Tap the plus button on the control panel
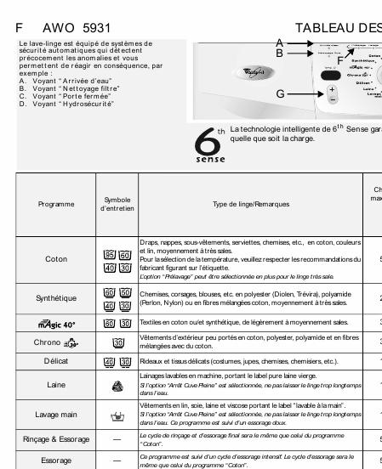click(x=333, y=89)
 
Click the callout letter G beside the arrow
click(x=280, y=93)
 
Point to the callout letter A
click(x=279, y=42)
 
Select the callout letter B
click(x=279, y=53)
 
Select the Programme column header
click(x=56, y=204)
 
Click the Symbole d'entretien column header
click(x=117, y=204)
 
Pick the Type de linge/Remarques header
click(x=251, y=204)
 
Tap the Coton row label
click(x=56, y=259)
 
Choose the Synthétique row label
click(x=56, y=298)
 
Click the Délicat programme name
click(x=56, y=361)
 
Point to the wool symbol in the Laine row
click(x=117, y=385)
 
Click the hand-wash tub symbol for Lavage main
click(x=117, y=415)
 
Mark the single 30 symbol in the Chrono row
click(x=117, y=342)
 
